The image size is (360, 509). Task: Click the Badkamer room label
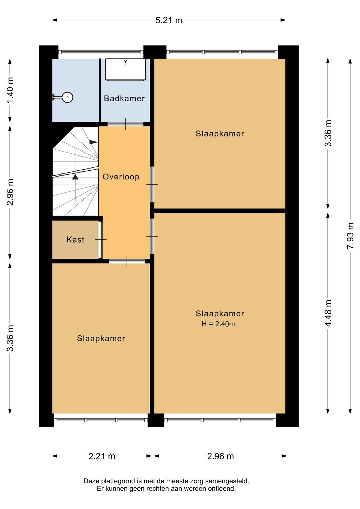[124, 99]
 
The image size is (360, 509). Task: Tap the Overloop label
[121, 177]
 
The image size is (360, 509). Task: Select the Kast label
[75, 240]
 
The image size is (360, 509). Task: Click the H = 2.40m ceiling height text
[218, 324]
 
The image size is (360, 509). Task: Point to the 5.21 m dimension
[169, 20]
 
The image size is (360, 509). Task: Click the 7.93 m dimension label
[350, 236]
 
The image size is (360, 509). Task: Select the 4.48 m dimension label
[328, 313]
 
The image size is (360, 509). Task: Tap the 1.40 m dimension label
[10, 90]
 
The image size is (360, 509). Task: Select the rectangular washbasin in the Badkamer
[125, 69]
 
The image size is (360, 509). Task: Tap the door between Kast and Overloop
[101, 239]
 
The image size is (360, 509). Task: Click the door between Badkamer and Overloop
[125, 124]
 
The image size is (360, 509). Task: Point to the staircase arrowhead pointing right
[93, 142]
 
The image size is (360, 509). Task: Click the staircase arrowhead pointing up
[75, 177]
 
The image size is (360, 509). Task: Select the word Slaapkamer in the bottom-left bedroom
[101, 338]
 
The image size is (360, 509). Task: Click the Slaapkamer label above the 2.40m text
[220, 314]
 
